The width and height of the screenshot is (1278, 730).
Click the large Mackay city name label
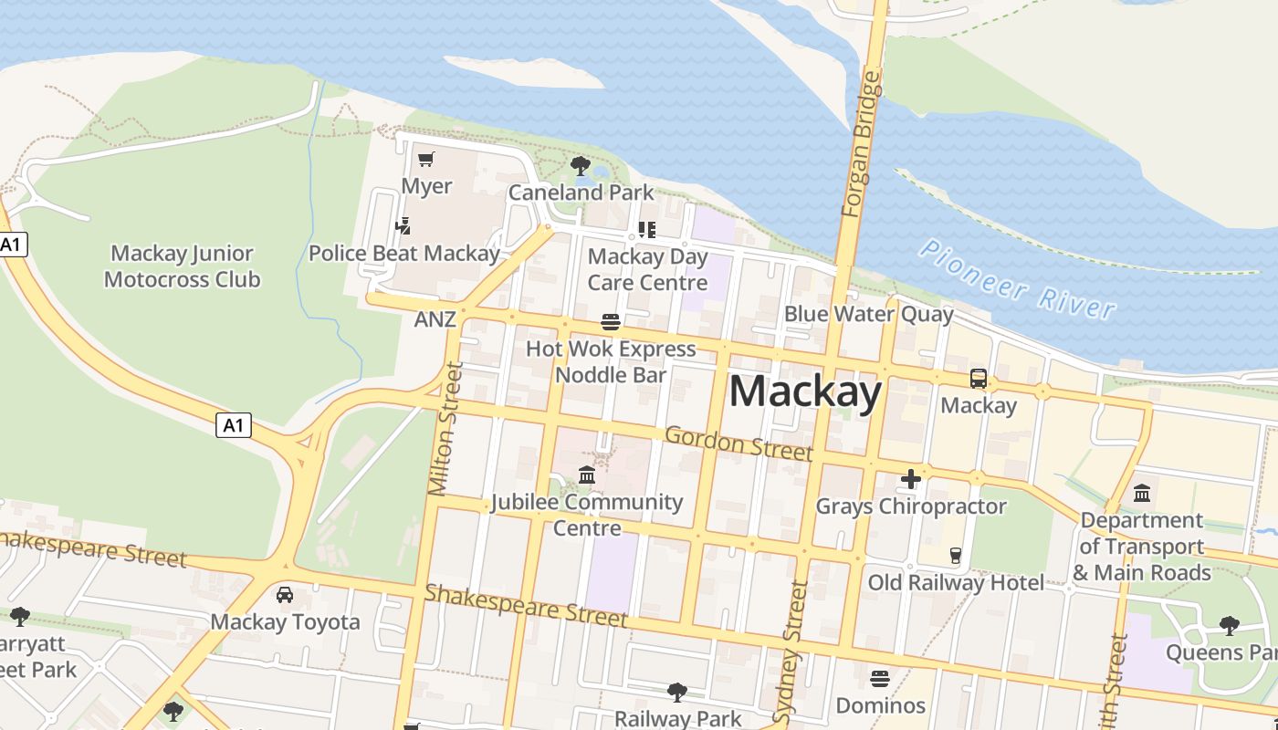pos(805,391)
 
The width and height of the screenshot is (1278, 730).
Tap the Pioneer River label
pos(1017,278)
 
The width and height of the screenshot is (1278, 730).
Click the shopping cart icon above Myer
pos(425,161)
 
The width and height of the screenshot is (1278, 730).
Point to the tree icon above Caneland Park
pos(580,166)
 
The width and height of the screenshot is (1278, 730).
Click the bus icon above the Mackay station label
pos(979,378)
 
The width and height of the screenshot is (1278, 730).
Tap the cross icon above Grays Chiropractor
pos(910,479)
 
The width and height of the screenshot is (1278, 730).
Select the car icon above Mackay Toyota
pos(285,595)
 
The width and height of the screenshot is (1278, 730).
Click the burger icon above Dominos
pos(880,679)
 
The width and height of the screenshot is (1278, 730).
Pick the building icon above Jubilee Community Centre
pos(587,475)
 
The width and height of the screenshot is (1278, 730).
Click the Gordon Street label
pos(739,443)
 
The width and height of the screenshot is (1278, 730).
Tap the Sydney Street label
pos(791,652)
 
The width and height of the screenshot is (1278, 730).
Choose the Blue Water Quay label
pos(868,315)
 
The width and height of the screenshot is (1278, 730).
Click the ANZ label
pos(435,319)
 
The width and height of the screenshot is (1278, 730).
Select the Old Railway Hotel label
pos(956,582)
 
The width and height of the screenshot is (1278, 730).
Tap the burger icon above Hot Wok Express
pos(611,322)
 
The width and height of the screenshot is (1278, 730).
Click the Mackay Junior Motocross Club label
pos(182,266)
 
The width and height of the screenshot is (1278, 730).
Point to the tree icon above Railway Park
pos(676,693)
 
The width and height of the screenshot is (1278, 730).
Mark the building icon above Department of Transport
pos(1142,494)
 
